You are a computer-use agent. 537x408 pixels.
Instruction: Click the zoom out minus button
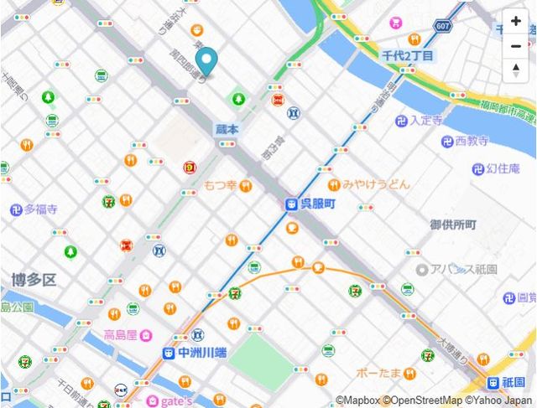(x=515, y=45)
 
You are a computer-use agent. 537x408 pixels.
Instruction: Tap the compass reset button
(x=515, y=70)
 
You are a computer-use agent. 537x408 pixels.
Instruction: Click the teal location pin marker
(x=205, y=60)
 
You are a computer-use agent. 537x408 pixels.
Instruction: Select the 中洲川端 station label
(x=196, y=354)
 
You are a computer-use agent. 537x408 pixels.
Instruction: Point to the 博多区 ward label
(x=33, y=279)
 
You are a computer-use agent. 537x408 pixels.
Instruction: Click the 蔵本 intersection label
(x=227, y=129)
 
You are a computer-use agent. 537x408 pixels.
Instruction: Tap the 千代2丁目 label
(x=408, y=55)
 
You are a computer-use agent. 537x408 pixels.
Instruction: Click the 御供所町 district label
(x=453, y=225)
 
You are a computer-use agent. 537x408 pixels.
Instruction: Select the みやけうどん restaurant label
(x=375, y=183)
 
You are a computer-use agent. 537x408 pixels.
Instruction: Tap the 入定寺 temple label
(x=425, y=121)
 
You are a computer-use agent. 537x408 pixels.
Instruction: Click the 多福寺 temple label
(x=40, y=209)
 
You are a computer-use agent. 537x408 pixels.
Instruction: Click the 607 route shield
(x=442, y=27)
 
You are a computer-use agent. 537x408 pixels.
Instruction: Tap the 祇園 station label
(x=518, y=381)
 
